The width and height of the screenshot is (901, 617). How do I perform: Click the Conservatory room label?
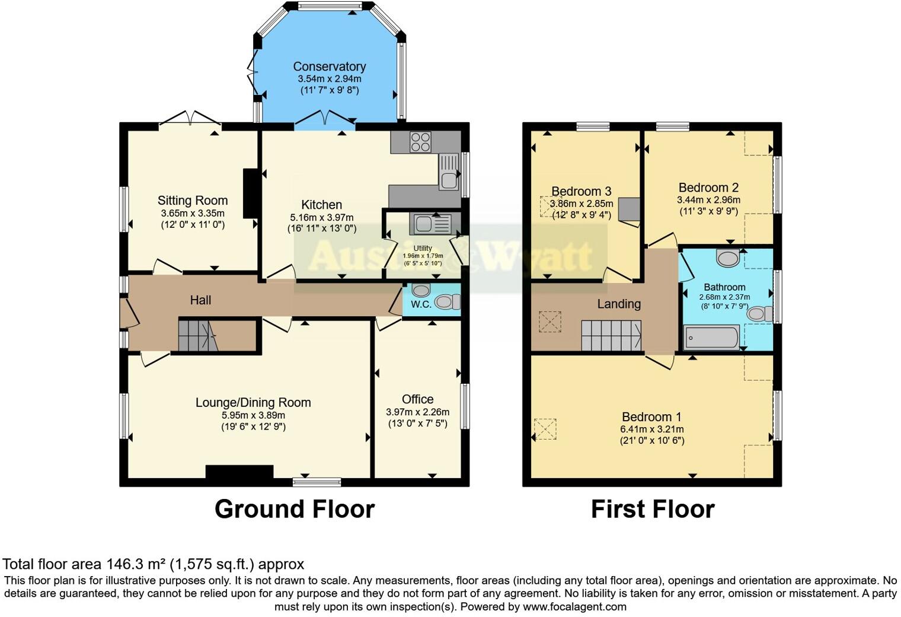pyautogui.click(x=330, y=66)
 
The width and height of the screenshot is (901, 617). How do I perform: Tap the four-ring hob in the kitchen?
pyautogui.click(x=420, y=142)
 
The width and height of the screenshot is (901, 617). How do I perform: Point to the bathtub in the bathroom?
pyautogui.click(x=711, y=337)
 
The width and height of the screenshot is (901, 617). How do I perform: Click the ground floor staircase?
pyautogui.click(x=198, y=336)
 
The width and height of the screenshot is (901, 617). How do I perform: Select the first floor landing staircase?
pyautogui.click(x=611, y=335)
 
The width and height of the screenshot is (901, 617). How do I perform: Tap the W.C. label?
pyautogui.click(x=421, y=304)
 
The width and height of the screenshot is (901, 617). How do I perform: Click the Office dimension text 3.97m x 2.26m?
pyautogui.click(x=417, y=412)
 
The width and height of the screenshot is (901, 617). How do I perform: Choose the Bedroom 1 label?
pyautogui.click(x=651, y=416)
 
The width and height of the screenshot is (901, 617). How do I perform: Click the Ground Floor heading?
pyautogui.click(x=295, y=509)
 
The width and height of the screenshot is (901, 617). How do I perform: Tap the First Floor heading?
pyautogui.click(x=653, y=509)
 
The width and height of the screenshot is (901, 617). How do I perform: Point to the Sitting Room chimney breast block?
pyautogui.click(x=250, y=193)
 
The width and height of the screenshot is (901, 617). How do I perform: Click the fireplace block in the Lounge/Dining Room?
pyautogui.click(x=239, y=471)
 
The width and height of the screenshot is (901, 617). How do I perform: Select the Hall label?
pyautogui.click(x=200, y=300)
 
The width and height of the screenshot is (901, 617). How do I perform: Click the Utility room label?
pyautogui.click(x=423, y=249)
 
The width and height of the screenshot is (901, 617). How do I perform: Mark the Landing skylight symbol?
pyautogui.click(x=550, y=322)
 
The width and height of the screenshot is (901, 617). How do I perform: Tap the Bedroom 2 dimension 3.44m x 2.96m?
pyautogui.click(x=708, y=199)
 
